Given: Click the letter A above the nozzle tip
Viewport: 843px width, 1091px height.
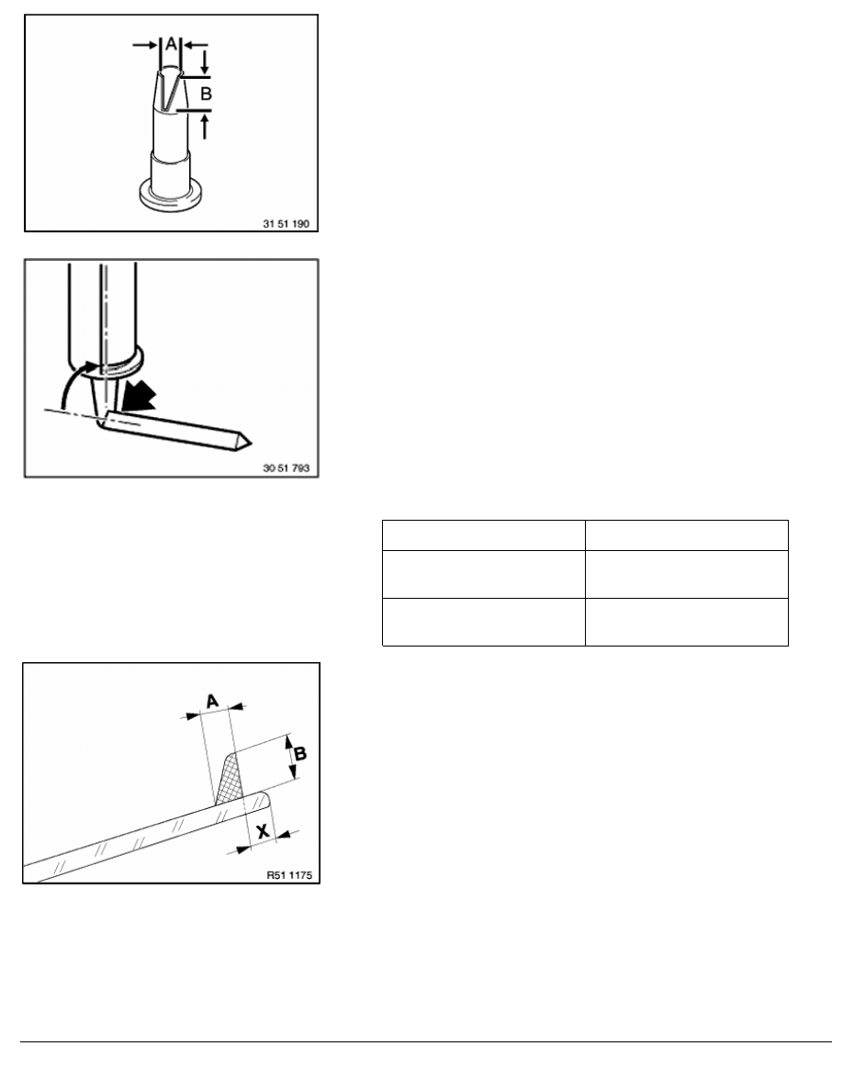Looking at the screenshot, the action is [171, 45].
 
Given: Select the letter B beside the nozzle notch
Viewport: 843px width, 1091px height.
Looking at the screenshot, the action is [206, 94].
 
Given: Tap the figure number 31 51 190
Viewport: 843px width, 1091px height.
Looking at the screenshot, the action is [286, 224].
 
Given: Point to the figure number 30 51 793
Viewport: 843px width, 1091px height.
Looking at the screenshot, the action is [286, 468].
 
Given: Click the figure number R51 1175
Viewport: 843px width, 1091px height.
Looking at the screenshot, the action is [289, 874].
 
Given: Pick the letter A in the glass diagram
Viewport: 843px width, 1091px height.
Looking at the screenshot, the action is [213, 701].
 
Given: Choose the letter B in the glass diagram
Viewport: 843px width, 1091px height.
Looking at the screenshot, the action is [299, 754].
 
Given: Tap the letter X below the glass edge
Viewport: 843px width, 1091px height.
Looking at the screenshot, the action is [263, 831].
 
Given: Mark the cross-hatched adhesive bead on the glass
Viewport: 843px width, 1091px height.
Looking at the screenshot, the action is [229, 780].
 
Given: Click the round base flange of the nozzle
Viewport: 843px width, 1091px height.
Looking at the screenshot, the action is [171, 197].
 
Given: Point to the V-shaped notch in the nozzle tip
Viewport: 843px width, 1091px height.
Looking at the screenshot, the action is [165, 90].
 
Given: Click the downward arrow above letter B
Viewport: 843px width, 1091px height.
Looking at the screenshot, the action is [205, 62].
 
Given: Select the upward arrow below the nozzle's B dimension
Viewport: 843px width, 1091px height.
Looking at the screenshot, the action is [205, 127].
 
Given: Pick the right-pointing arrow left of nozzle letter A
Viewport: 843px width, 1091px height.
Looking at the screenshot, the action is [145, 45].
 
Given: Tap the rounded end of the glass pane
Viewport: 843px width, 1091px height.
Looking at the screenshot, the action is [264, 800].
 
